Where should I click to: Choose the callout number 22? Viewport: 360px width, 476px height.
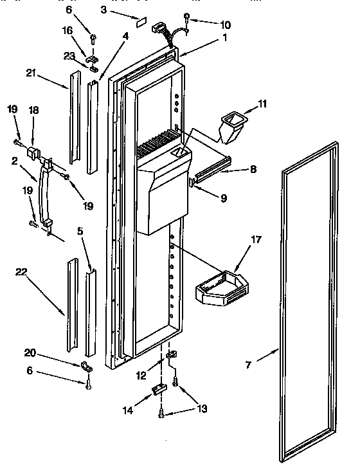(x=22, y=273)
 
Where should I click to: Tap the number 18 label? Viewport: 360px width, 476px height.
(x=33, y=111)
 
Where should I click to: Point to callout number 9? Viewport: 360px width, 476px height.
(x=223, y=199)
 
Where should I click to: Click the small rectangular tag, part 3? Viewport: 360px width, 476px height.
(x=140, y=20)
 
